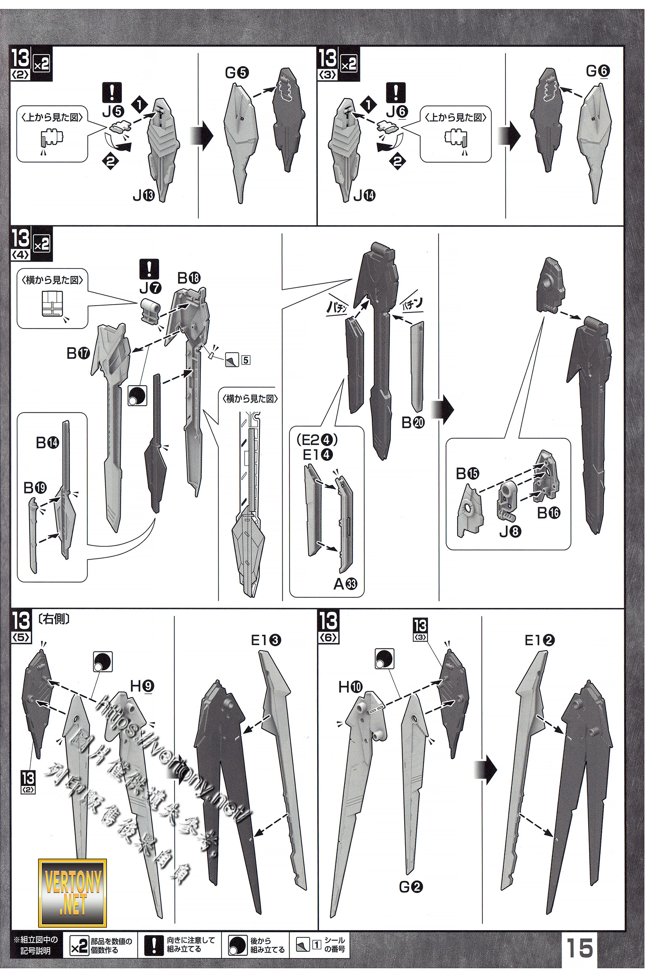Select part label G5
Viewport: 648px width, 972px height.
point(237,73)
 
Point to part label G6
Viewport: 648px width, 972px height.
point(598,71)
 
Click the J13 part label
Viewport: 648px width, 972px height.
point(143,195)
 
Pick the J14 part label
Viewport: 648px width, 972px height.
point(364,195)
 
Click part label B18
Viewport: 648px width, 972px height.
point(189,278)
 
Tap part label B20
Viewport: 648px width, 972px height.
point(413,422)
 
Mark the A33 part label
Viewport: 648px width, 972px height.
point(345,584)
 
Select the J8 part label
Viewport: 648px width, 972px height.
point(510,531)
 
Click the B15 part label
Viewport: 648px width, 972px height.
point(467,473)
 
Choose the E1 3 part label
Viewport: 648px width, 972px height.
point(266,641)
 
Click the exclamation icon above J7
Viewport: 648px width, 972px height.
point(149,269)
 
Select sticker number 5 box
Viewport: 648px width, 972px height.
point(245,360)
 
